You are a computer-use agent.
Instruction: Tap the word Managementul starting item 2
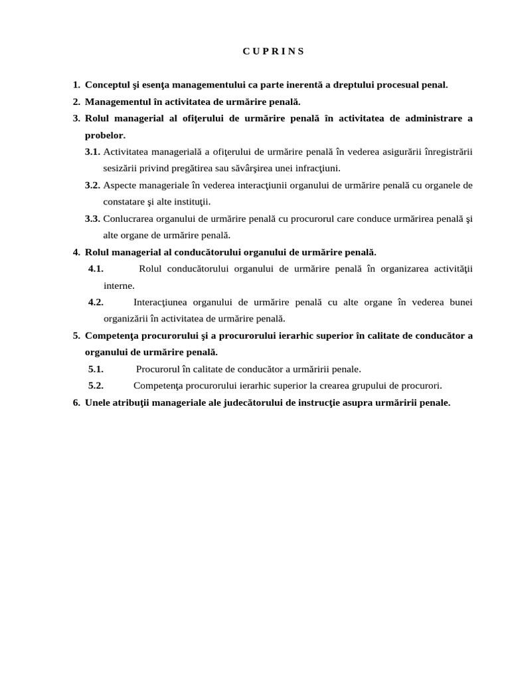pos(117,102)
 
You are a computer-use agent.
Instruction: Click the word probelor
pos(105,135)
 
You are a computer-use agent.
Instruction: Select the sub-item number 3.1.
pos(92,151)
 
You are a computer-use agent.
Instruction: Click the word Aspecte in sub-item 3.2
pos(120,185)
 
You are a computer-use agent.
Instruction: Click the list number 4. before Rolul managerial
pos(76,252)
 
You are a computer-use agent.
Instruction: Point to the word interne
pos(119,285)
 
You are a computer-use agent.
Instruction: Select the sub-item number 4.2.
pos(96,302)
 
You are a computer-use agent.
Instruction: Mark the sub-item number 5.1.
pos(96,369)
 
